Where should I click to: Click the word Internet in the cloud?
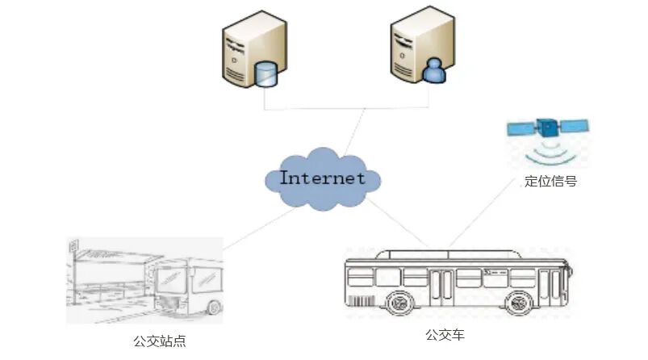[x=323, y=178]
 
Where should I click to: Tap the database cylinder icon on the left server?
[x=265, y=74]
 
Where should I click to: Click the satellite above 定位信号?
[x=548, y=128]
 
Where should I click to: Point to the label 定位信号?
[x=550, y=182]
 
